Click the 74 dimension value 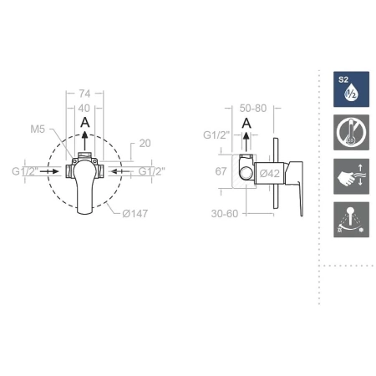(84, 94)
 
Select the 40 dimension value (84, 108)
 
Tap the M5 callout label (38, 130)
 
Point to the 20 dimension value (145, 144)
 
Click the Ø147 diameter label (135, 214)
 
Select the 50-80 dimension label (253, 108)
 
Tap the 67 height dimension (221, 171)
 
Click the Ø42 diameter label (270, 174)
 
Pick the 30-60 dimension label (225, 214)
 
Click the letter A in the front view (85, 122)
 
